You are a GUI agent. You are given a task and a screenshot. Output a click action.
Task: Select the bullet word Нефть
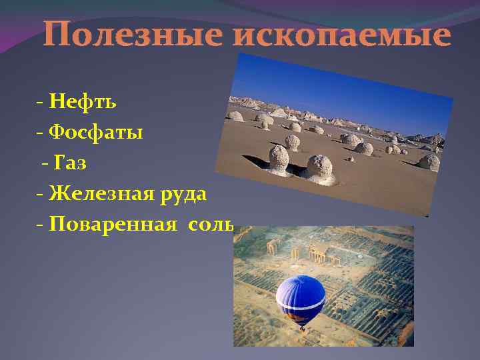tap(83, 102)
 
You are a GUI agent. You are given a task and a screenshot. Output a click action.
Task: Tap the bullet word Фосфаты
tap(97, 133)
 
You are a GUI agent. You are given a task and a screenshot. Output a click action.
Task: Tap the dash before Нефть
tap(41, 103)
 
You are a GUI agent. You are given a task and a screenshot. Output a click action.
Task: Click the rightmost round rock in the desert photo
tap(429, 162)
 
